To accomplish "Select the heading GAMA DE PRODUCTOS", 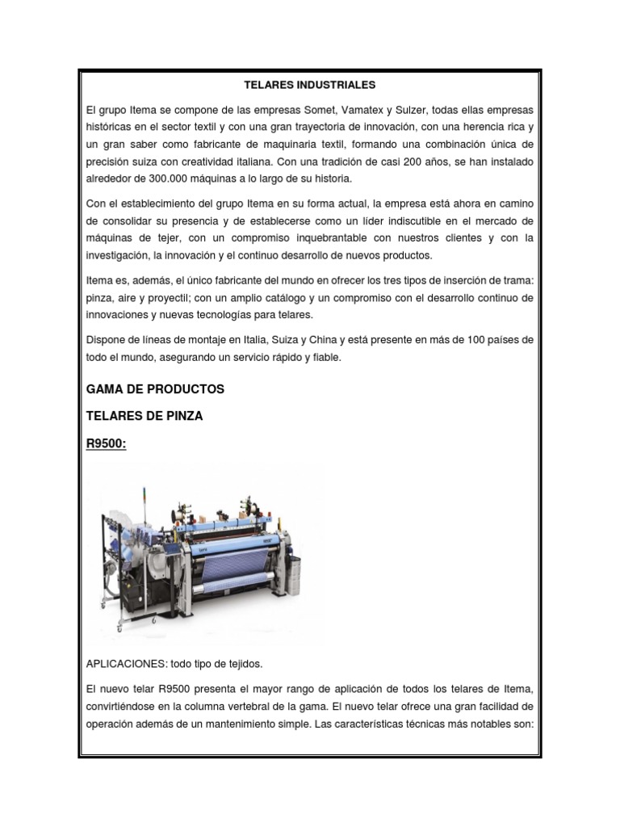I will (x=155, y=389).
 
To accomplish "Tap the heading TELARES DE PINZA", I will (x=145, y=417).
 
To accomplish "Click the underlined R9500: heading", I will (x=107, y=443).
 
